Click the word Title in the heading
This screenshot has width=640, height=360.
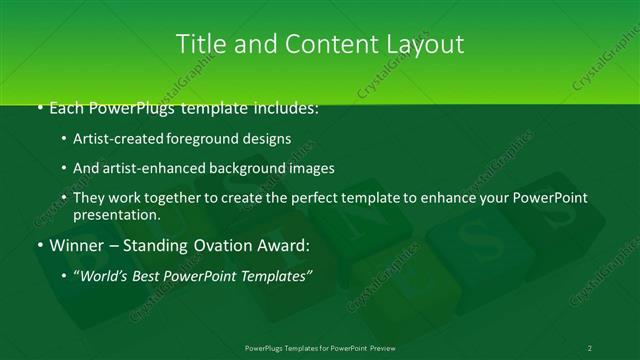click(x=199, y=44)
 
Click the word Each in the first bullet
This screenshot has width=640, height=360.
click(x=66, y=108)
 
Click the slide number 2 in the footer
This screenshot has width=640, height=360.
click(x=589, y=347)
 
